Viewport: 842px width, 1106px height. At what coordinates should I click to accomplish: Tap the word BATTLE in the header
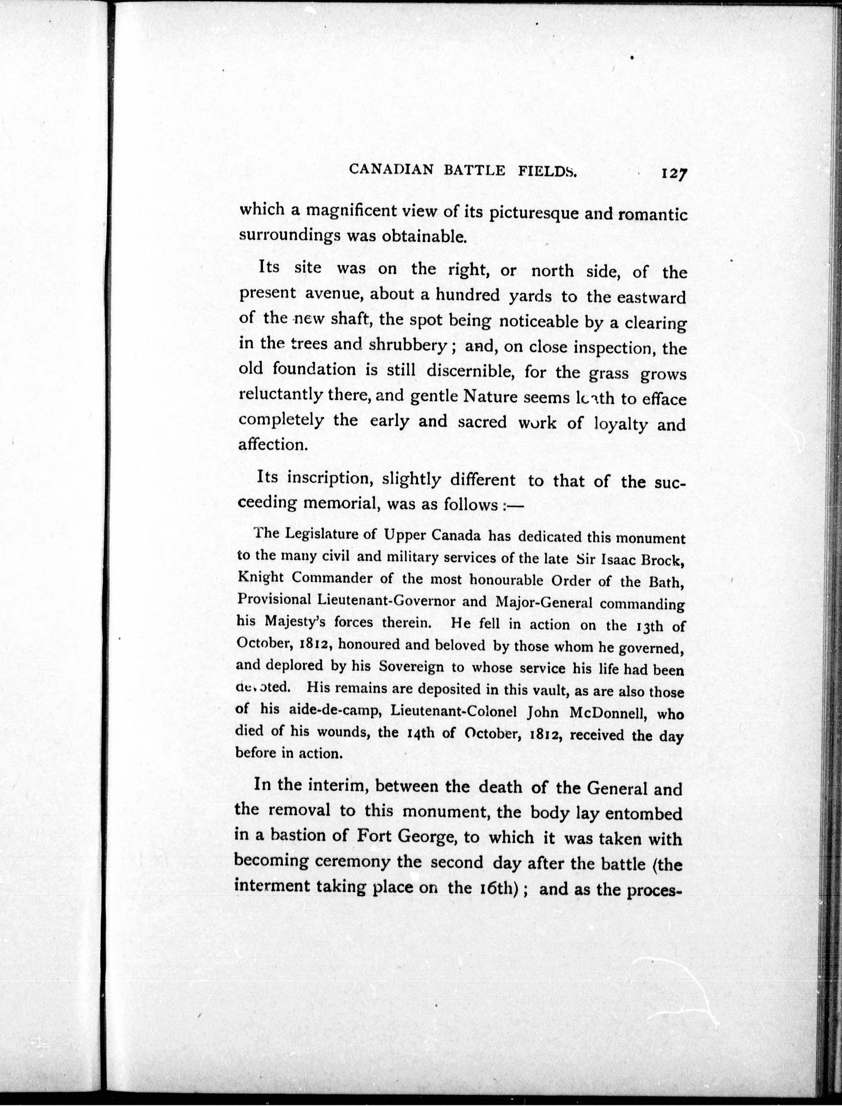474,171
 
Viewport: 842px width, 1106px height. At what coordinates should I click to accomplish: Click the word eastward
650,298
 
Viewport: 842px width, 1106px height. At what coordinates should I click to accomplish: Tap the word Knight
261,578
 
